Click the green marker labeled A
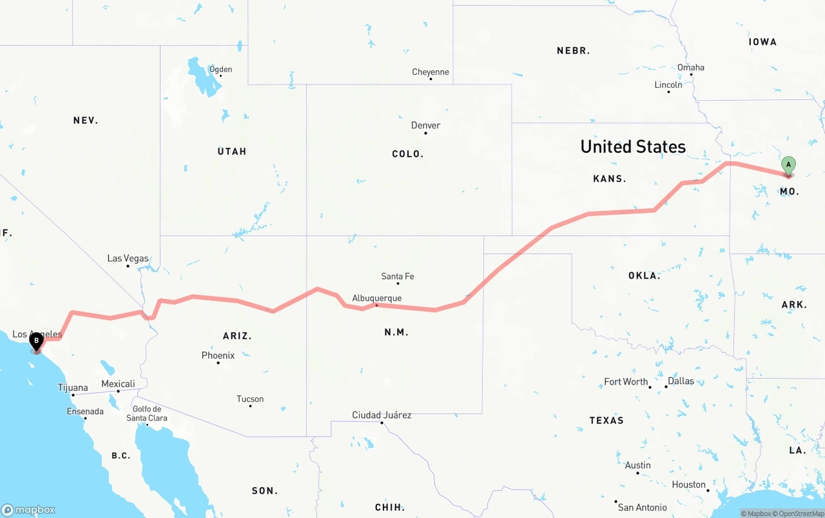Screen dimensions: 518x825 click(x=788, y=165)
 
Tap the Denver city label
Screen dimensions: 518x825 click(x=425, y=125)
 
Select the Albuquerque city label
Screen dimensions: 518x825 click(x=376, y=298)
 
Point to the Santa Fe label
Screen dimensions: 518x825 click(x=397, y=276)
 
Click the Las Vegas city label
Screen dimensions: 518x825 click(x=128, y=258)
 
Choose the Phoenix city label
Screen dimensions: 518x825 click(x=218, y=355)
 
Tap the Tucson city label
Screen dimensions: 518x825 click(x=250, y=399)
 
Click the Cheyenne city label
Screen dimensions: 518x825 click(x=431, y=72)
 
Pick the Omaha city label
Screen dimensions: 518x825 click(x=690, y=67)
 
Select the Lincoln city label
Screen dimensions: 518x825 click(x=668, y=85)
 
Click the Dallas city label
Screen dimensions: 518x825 click(x=681, y=381)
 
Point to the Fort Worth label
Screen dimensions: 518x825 click(x=626, y=381)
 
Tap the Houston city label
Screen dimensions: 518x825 click(x=688, y=484)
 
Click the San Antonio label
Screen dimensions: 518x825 click(x=642, y=508)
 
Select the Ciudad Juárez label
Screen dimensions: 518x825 click(x=382, y=415)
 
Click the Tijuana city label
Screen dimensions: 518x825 click(x=73, y=388)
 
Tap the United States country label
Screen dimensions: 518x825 click(x=632, y=146)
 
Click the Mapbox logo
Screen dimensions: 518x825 click(x=28, y=510)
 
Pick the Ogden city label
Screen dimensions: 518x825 click(x=220, y=69)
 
